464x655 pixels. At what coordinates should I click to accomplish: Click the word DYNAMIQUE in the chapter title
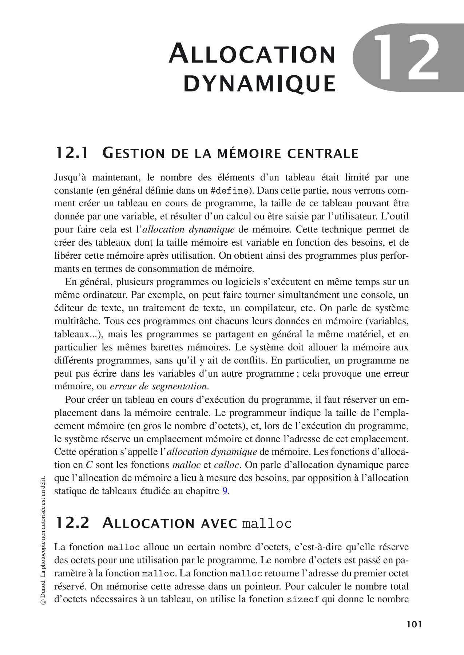point(259,83)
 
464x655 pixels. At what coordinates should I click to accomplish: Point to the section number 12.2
point(71,523)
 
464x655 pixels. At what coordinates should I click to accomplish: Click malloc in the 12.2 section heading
point(267,524)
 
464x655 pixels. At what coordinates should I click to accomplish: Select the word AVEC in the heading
point(219,523)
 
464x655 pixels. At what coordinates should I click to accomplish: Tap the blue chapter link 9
point(225,491)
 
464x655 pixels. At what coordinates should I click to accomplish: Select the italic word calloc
point(226,465)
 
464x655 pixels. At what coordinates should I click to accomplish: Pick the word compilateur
point(269,308)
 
